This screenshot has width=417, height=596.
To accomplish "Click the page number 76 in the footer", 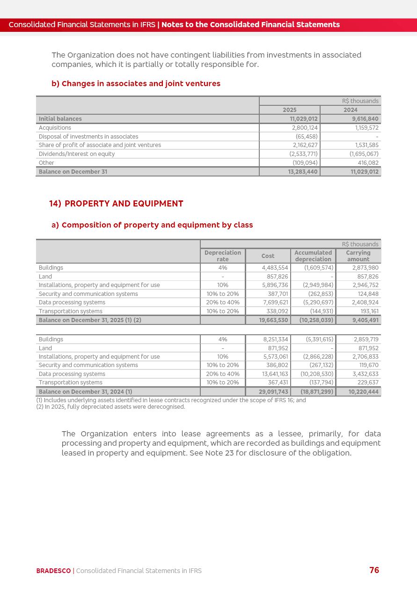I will (374, 570).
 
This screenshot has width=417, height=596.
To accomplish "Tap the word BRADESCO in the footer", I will (53, 571).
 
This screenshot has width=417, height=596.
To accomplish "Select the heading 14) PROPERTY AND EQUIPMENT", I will (116, 204).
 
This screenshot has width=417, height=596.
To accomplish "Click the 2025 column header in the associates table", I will (289, 110).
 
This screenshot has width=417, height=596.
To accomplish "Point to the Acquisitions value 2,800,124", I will (305, 128).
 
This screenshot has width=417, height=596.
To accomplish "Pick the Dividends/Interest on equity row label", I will (77, 154).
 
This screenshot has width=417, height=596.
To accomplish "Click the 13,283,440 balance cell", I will (303, 172).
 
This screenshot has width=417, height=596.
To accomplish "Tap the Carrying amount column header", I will (358, 256).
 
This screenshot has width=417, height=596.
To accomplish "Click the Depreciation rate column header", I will (223, 256).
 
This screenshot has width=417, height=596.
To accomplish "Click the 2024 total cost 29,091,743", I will (273, 392).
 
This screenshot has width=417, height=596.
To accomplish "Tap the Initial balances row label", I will (60, 119).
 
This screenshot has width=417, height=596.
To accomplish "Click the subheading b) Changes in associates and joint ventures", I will (136, 84).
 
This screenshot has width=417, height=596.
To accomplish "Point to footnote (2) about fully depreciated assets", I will (110, 407).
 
